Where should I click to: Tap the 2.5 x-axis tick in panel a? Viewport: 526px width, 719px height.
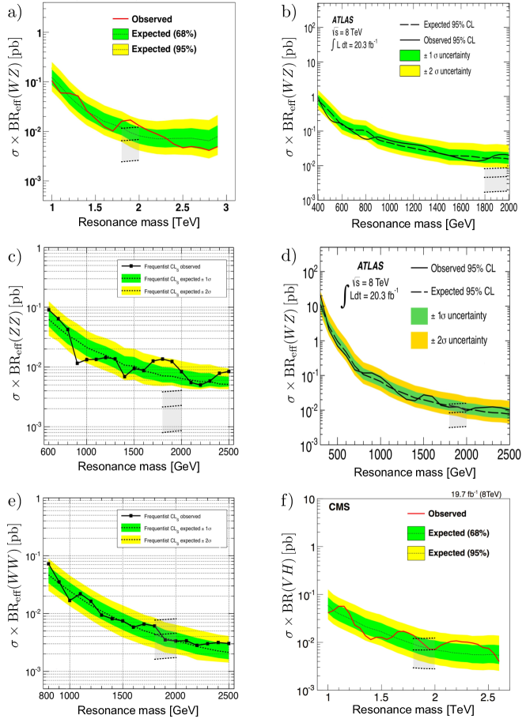[183, 207]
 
